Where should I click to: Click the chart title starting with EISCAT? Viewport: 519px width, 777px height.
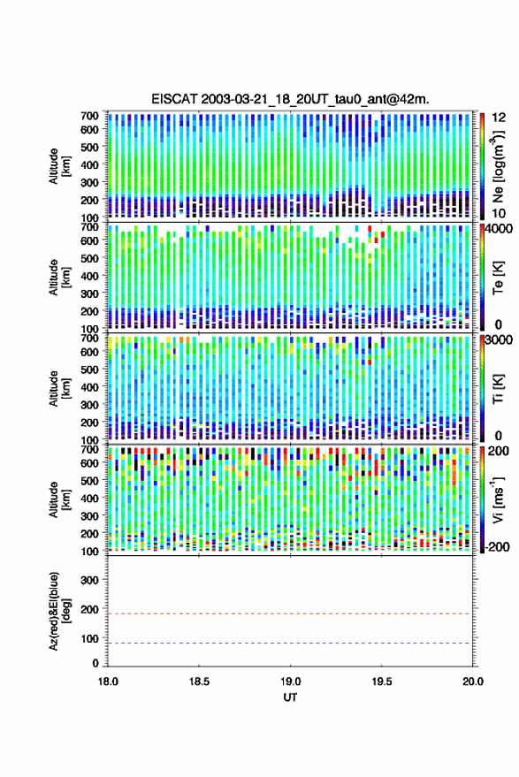tap(290, 99)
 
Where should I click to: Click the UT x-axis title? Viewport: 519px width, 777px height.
tap(290, 697)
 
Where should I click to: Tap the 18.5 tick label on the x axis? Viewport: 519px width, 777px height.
tap(199, 682)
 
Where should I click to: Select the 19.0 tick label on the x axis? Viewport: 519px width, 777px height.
tap(290, 682)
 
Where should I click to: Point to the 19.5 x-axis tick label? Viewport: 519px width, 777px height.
tap(381, 682)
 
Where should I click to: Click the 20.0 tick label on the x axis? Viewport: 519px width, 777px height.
tap(472, 682)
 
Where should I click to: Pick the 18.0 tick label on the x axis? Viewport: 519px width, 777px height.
tap(108, 682)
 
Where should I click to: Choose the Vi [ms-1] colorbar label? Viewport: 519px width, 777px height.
tap(498, 499)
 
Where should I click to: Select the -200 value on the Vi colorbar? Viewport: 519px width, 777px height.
tap(497, 547)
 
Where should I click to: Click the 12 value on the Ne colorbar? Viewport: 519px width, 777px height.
tap(499, 118)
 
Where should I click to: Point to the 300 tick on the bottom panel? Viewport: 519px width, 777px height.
tap(89, 580)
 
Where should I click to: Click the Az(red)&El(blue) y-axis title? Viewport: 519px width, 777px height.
tap(59, 612)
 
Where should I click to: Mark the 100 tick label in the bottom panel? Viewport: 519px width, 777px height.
tap(89, 639)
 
